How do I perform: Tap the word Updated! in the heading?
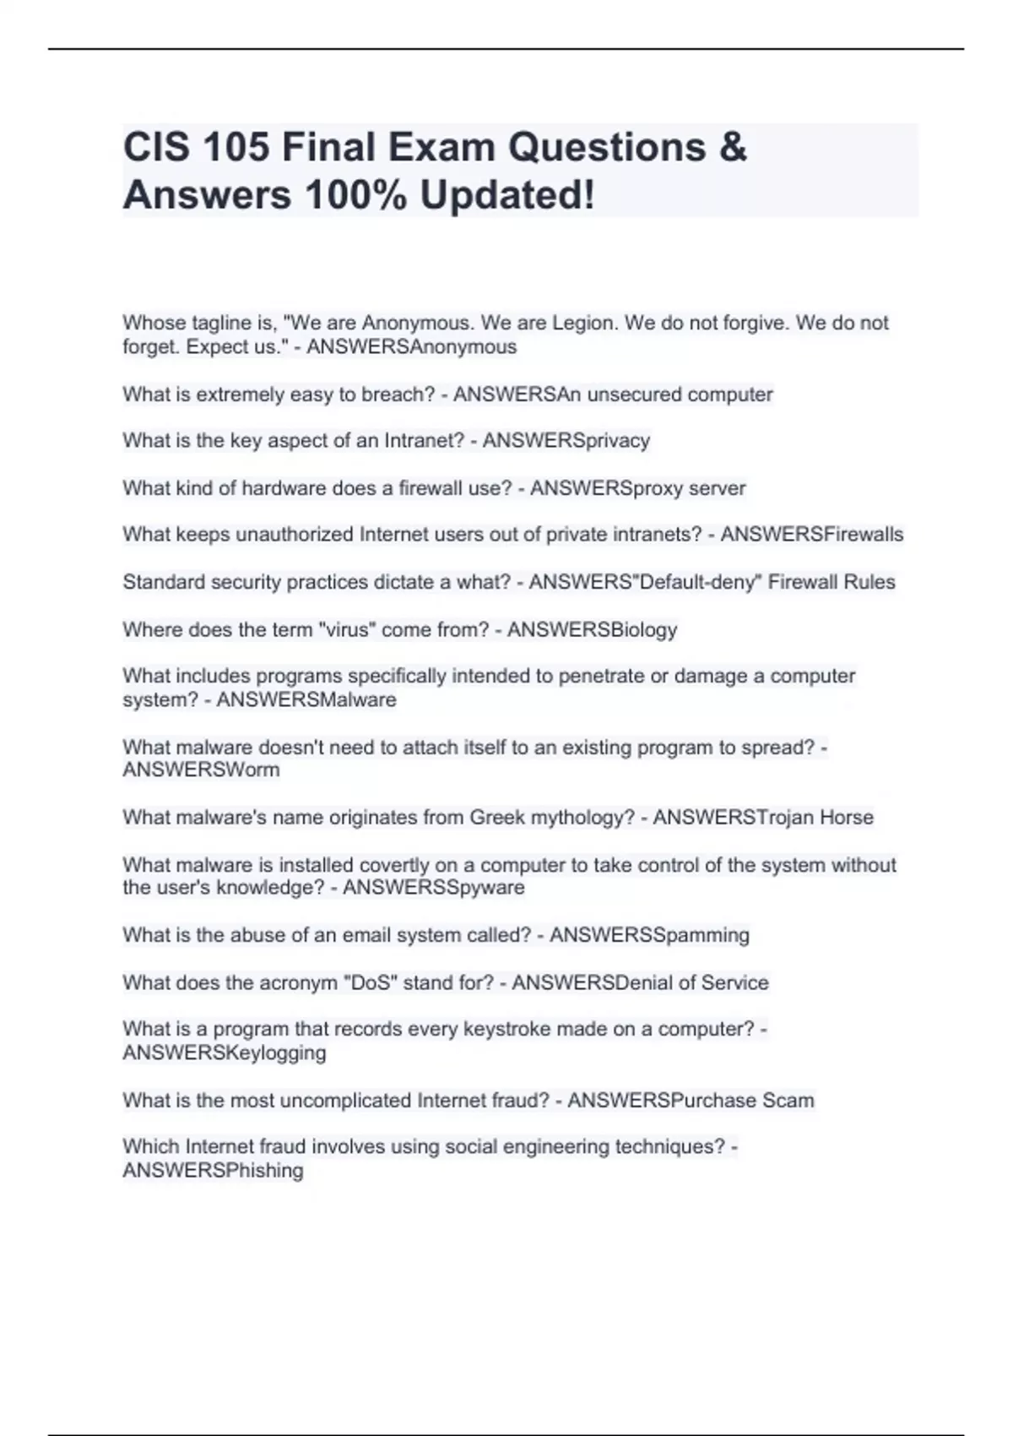(506, 195)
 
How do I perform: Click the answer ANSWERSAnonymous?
(411, 347)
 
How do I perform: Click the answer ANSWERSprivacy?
(566, 441)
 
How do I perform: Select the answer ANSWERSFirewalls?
(811, 535)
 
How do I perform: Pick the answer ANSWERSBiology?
(592, 629)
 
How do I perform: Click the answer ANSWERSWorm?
(201, 770)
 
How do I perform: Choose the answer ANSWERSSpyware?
(433, 887)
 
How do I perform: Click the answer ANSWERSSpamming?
(649, 935)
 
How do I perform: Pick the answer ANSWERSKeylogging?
(225, 1053)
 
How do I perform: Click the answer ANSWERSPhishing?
(213, 1170)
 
